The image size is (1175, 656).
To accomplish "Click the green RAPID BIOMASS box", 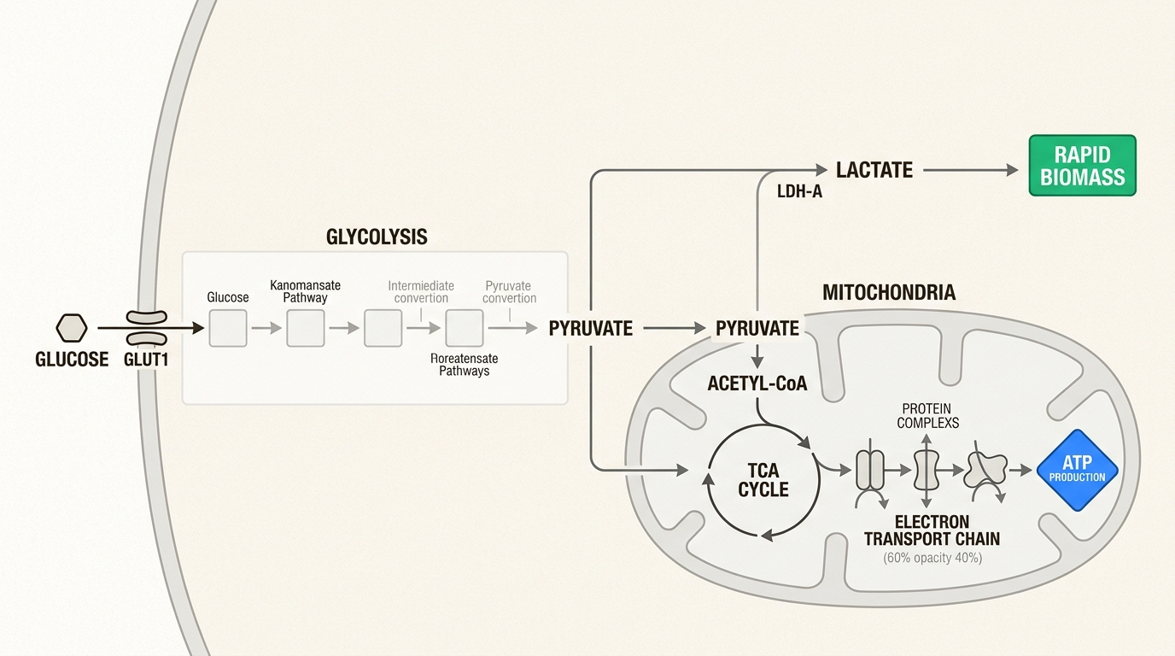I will coord(1082,166).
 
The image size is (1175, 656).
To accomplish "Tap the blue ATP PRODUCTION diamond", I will coord(1077,470).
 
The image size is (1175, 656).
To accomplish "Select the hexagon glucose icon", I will coord(72,327).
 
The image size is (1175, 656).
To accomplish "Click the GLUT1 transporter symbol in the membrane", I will coord(146,327).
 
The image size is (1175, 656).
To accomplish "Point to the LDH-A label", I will coord(799,192).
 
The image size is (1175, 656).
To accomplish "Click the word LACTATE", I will coord(874,170).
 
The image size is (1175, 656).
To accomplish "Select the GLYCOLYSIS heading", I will coord(377,237).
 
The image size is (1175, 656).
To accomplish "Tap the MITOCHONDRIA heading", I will coord(888,293).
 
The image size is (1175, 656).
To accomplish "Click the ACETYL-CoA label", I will coord(757,384).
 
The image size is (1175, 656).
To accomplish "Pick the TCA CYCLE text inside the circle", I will coord(763,481).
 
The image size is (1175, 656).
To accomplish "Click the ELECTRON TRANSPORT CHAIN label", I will coord(932,530).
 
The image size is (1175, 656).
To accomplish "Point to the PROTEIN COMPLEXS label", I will coord(927,416).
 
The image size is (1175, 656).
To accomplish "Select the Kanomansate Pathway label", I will coord(305,291).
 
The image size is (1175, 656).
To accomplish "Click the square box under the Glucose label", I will coord(228,328).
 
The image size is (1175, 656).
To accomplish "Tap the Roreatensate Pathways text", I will coord(464,365).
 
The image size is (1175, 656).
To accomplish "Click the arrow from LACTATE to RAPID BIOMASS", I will coord(970,171).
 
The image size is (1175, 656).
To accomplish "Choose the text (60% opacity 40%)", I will coord(932,558).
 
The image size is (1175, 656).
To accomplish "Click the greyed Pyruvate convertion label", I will coord(509,292).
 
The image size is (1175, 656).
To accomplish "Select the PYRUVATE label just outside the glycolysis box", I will coord(590,328).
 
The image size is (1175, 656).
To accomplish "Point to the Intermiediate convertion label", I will coord(421,292).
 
